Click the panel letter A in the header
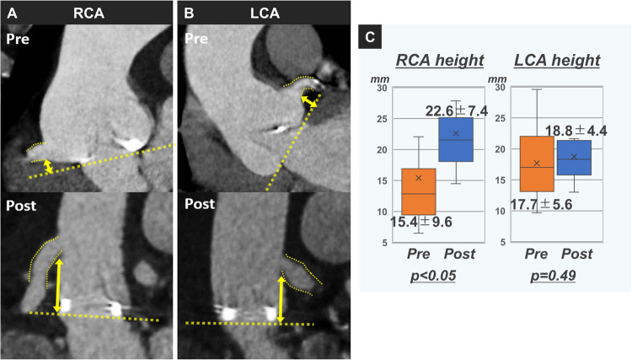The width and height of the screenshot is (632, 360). pyautogui.click(x=11, y=12)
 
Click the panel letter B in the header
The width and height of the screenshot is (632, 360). pyautogui.click(x=190, y=12)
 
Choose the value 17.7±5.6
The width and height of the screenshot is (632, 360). pyautogui.click(x=538, y=223)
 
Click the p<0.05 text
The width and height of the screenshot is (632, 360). pyautogui.click(x=433, y=275)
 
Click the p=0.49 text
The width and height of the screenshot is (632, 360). pyautogui.click(x=552, y=275)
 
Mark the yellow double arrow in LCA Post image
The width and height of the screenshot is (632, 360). pyautogui.click(x=281, y=296)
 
